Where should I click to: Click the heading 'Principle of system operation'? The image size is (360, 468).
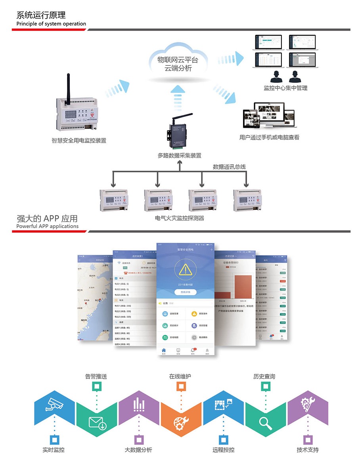click(x=51, y=24)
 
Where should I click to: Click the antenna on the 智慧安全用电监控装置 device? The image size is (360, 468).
click(x=69, y=85)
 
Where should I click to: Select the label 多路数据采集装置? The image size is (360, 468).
click(x=179, y=155)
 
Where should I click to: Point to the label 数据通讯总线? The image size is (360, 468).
click(x=229, y=167)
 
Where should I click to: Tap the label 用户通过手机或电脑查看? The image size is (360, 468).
click(x=269, y=138)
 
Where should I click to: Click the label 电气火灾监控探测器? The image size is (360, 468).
click(x=180, y=218)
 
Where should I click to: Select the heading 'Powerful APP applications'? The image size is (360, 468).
click(x=48, y=226)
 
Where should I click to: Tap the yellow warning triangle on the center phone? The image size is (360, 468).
click(x=185, y=270)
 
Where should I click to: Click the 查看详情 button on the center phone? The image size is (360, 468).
click(x=185, y=292)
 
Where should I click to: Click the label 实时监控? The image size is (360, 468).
click(x=54, y=450)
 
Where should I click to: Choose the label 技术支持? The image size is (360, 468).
click(x=307, y=450)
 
